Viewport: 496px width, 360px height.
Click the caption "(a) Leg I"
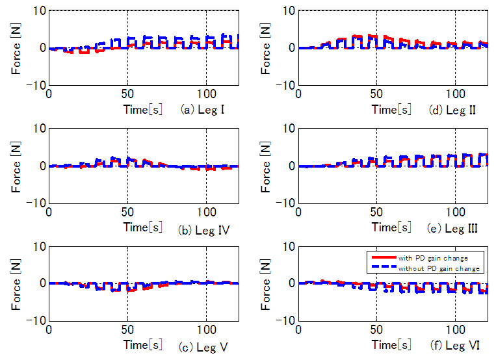pyautogui.click(x=203, y=109)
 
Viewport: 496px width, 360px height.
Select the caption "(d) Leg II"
pyautogui.click(x=452, y=109)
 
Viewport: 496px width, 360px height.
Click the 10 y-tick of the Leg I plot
pyautogui.click(x=37, y=11)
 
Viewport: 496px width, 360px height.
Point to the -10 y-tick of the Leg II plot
pyautogui.click(x=283, y=85)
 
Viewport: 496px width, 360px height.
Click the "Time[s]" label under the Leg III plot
pyautogui.click(x=392, y=228)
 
